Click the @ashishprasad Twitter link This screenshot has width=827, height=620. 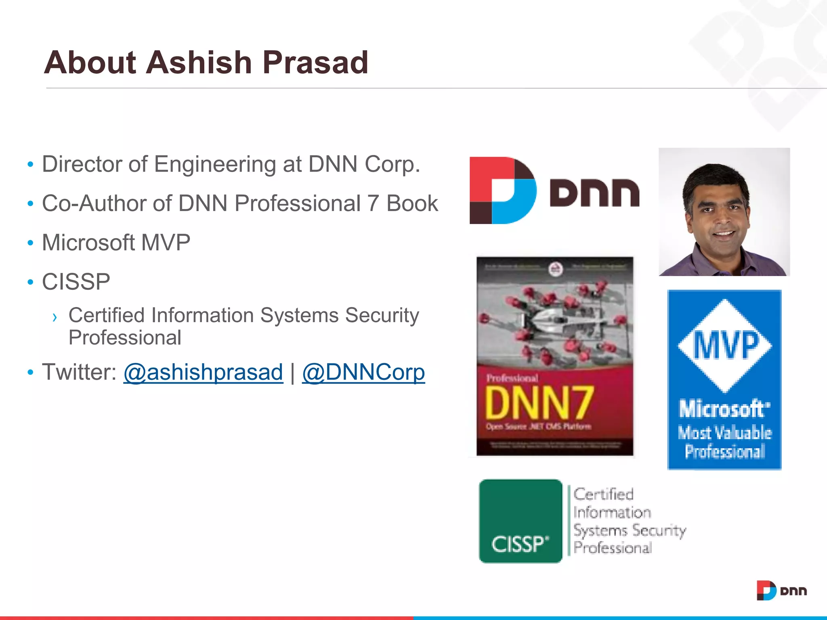203,372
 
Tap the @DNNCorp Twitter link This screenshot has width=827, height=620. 363,372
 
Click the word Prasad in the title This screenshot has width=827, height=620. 315,63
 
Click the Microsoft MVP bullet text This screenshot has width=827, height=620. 116,243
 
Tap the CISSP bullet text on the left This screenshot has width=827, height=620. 76,282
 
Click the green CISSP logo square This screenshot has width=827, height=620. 521,521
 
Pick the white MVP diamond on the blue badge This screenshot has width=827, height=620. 725,346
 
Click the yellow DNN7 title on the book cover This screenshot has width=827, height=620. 539,402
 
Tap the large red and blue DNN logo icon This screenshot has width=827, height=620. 503,191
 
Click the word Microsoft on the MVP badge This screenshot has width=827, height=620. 724,409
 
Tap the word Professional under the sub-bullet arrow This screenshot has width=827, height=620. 125,338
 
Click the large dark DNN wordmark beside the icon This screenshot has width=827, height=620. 594,193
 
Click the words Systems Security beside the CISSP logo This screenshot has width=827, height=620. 629,530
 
